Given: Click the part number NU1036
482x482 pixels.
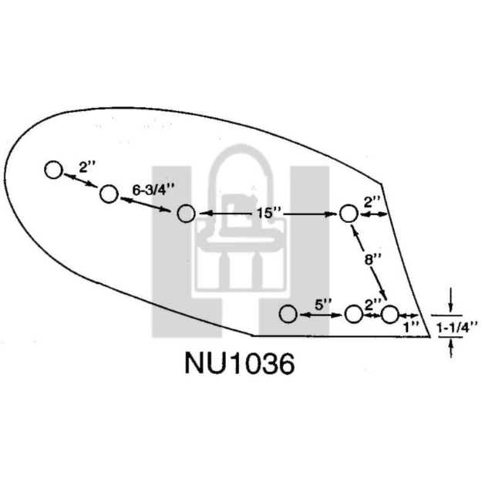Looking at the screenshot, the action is coord(240,363).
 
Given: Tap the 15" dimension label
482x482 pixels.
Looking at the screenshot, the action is coord(265,213).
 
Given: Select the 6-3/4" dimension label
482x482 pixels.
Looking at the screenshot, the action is coord(153,190).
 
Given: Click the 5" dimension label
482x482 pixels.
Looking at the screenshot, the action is coord(323,305).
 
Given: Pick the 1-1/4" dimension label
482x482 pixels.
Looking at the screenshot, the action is coord(457,328).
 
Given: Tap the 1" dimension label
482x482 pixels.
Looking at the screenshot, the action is coord(411,328).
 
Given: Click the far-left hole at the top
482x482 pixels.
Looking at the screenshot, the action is coord(54,170).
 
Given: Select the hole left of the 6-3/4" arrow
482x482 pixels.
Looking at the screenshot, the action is coord(109,194).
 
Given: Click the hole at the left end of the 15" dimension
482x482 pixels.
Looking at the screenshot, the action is coord(186,214).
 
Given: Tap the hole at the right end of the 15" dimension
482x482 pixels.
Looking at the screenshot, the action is coord(349,214).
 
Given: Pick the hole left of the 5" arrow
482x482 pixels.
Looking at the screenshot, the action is coord(288,314).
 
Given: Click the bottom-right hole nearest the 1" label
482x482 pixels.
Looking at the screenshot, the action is coord(389,315).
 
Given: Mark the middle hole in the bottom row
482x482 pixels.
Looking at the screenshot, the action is coord(353,314).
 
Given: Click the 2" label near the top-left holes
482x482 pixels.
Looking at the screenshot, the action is coord(87,167).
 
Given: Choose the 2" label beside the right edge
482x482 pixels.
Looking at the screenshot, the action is coord(372,202).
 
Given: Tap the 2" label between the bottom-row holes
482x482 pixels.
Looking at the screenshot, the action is coord(373,305).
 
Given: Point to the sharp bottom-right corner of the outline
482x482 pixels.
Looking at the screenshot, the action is coord(430,336).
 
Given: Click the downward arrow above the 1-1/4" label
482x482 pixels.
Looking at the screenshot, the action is coord(450,300).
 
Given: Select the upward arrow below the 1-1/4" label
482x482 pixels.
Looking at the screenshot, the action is coord(450,348).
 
